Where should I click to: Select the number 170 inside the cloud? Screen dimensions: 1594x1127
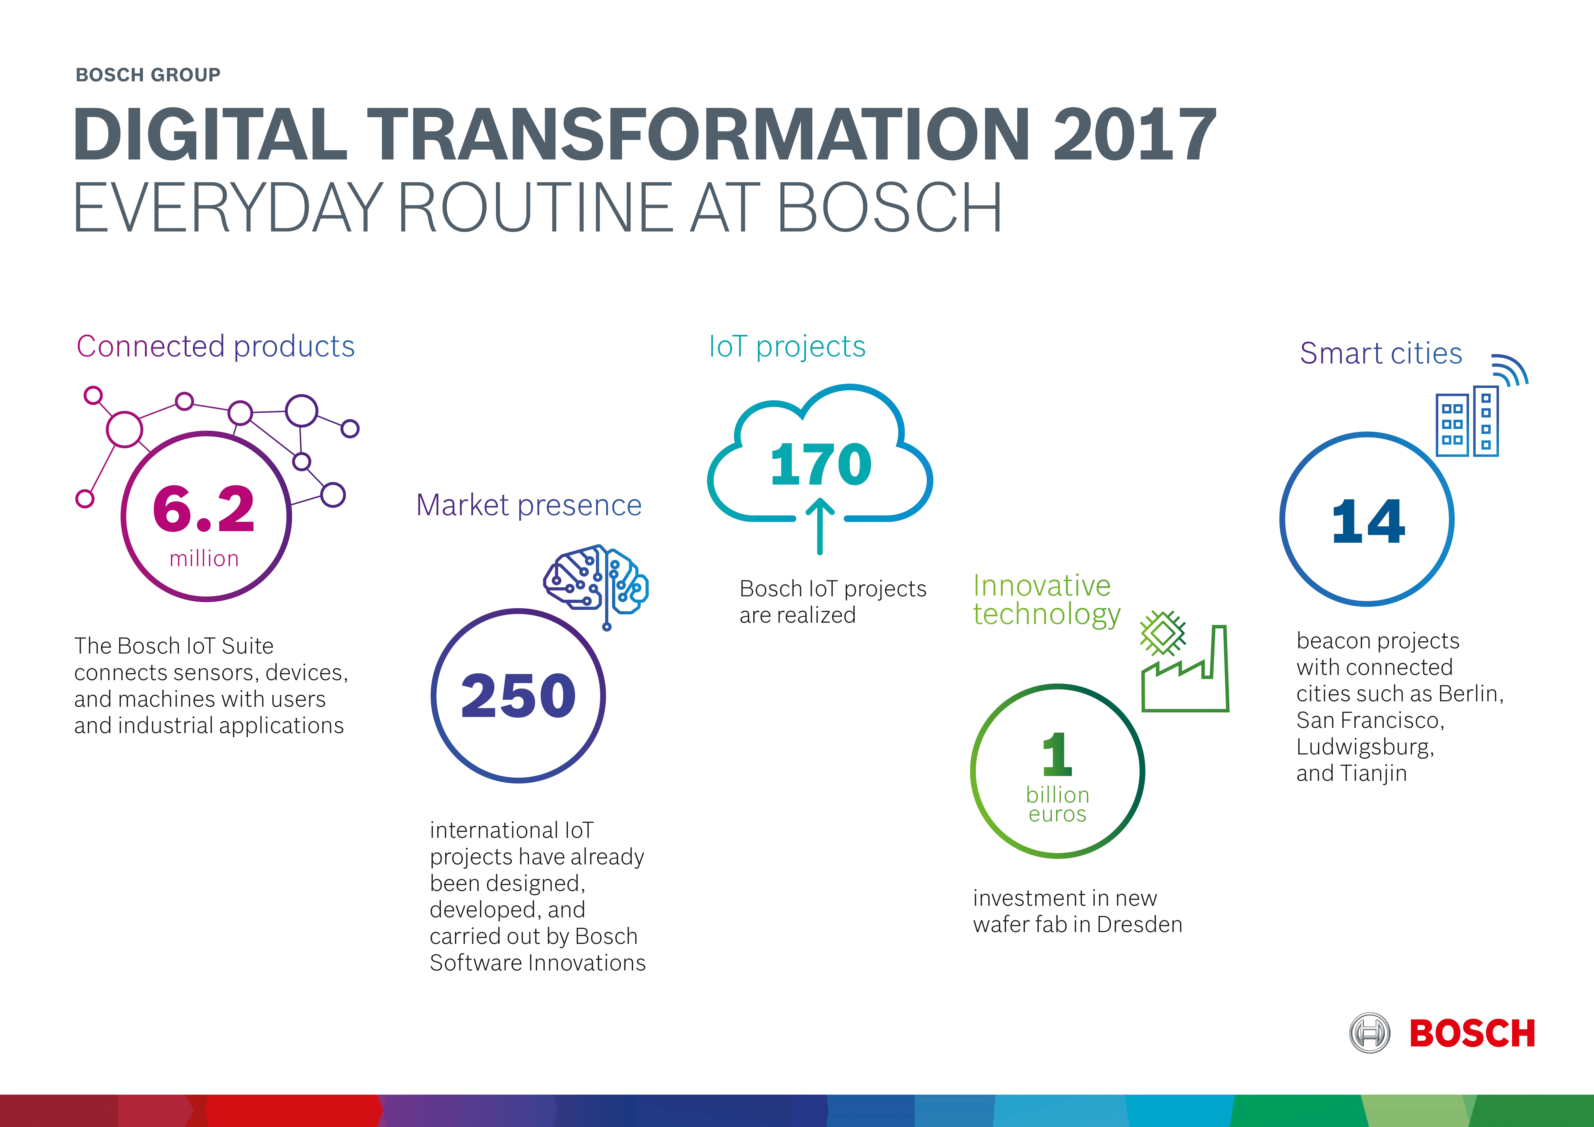pyautogui.click(x=821, y=464)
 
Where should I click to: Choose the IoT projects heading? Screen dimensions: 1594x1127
pyautogui.click(x=787, y=346)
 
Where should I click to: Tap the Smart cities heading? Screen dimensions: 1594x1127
pyautogui.click(x=1381, y=353)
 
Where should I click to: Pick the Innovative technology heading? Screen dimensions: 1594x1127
pyautogui.click(x=1047, y=600)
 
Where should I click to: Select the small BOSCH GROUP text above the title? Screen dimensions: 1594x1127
pyautogui.click(x=148, y=75)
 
